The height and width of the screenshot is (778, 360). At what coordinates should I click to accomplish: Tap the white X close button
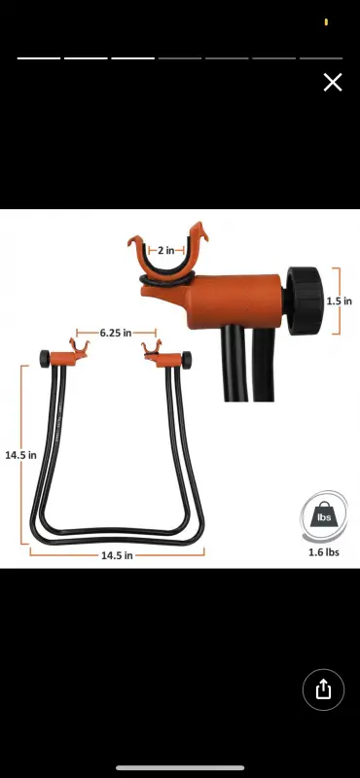pos(333,83)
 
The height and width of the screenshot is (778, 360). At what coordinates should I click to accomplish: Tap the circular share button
pos(323,690)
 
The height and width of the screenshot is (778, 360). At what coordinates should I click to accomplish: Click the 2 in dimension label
pos(165,251)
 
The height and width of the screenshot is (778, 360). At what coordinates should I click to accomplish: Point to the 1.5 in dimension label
pos(340,301)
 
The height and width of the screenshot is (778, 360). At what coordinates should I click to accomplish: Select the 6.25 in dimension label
pos(116,333)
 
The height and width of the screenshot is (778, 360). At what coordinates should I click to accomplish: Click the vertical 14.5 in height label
pos(20,455)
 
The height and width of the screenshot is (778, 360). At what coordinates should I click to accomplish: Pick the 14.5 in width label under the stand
pos(117,555)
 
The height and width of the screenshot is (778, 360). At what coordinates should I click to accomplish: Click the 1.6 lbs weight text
pos(324,552)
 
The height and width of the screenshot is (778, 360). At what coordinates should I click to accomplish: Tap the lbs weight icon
pos(324,517)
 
